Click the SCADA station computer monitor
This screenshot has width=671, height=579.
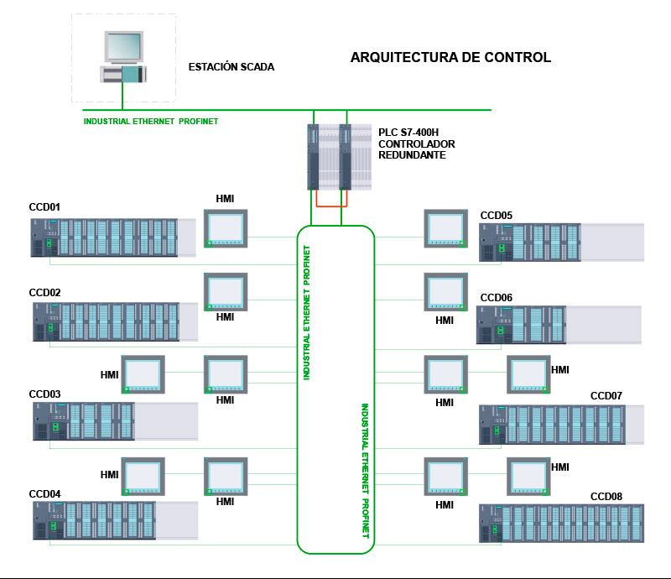[x=123, y=47]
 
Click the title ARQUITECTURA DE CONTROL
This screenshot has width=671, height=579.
[x=450, y=57]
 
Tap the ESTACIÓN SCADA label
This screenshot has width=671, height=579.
[x=231, y=67]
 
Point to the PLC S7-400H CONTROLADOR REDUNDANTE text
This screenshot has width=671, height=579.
[x=416, y=143]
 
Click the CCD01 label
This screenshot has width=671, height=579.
[x=44, y=207]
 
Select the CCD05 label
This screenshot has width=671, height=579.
[x=496, y=216]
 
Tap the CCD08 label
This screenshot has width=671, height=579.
[x=606, y=497]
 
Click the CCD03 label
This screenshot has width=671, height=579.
[x=44, y=394]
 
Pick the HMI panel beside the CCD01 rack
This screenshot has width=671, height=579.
[x=226, y=228]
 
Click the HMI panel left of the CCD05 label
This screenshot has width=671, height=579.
[x=445, y=228]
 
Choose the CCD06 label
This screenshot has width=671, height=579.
[x=496, y=298]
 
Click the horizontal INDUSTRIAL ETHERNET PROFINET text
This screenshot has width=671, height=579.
[x=151, y=121]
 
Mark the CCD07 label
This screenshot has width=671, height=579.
[x=606, y=396]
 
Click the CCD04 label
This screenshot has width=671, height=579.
[x=44, y=493]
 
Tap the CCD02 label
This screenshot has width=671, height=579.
[x=44, y=293]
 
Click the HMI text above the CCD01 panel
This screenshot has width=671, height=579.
[x=225, y=199]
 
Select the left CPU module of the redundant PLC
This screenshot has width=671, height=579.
[x=313, y=157]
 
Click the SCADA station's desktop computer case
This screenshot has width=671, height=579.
[x=123, y=74]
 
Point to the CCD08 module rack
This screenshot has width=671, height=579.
[x=561, y=524]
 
